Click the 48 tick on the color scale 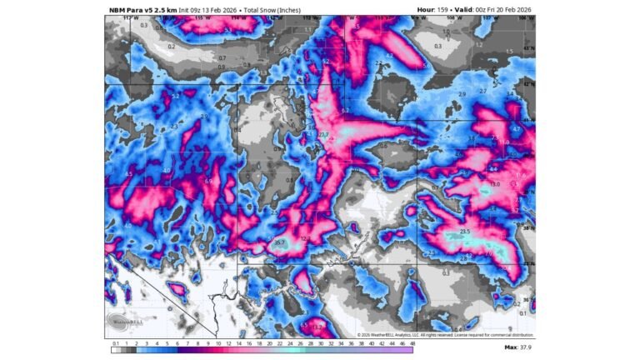[412, 342]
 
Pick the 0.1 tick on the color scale [114, 342]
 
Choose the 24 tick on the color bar [268, 342]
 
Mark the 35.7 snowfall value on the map [280, 242]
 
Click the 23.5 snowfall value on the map [466, 231]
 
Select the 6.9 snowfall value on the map [208, 181]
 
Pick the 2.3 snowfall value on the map [175, 125]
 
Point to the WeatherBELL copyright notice [427, 335]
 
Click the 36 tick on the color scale [341, 342]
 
